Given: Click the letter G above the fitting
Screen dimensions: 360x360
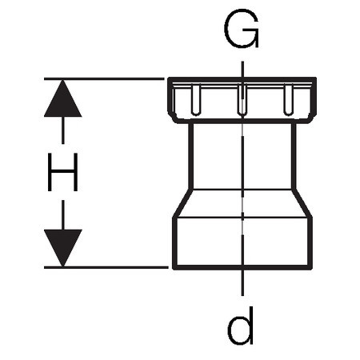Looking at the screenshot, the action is [242, 28].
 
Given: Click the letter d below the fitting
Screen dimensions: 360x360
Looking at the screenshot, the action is [240, 326].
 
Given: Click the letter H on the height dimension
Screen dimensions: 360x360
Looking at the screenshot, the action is [62, 172].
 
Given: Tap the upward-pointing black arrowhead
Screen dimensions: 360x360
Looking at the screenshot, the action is [62, 98].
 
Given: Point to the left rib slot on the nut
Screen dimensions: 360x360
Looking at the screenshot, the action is [196, 100].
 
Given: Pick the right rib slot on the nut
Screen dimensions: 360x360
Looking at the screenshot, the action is [288, 100].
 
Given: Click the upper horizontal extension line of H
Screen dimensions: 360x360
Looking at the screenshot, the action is [104, 79].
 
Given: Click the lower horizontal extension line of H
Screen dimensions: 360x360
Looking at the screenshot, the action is [106, 267].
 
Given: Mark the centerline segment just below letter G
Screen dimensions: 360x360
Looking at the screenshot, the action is [242, 70].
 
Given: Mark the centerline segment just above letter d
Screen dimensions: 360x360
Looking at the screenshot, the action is [242, 282].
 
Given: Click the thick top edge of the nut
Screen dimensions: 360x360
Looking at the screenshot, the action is [242, 80].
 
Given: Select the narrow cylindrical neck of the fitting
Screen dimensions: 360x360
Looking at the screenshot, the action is [242, 156].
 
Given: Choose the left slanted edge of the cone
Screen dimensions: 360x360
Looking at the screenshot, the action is [182, 203].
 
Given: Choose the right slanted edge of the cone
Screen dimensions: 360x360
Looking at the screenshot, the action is [302, 203].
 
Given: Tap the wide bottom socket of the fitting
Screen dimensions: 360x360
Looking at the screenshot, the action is [242, 242].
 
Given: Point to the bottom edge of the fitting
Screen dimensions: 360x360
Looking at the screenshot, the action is [242, 267].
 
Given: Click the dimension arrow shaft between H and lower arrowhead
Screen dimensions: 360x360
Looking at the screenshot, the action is [63, 215].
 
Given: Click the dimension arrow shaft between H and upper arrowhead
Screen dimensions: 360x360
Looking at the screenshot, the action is [63, 130].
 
